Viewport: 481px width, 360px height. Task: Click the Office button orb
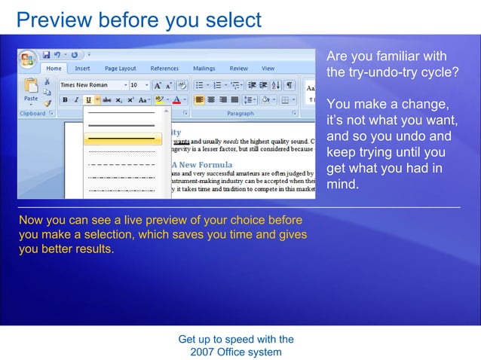[29, 59]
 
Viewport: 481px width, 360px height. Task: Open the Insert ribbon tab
[82, 69]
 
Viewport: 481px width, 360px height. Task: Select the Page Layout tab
[121, 69]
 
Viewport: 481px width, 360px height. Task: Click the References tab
[164, 69]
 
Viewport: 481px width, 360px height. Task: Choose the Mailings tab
[204, 69]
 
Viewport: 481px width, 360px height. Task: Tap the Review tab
[238, 69]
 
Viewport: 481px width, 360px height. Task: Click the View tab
[268, 69]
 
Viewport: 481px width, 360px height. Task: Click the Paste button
[31, 90]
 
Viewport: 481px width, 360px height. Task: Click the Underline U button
[88, 99]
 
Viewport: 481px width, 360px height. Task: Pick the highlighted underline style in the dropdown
[123, 139]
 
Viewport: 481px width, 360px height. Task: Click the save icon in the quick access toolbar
[46, 55]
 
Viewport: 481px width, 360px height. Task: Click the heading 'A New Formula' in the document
[201, 164]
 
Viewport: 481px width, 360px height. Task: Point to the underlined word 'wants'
[181, 140]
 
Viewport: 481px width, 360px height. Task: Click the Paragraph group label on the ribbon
[240, 114]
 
